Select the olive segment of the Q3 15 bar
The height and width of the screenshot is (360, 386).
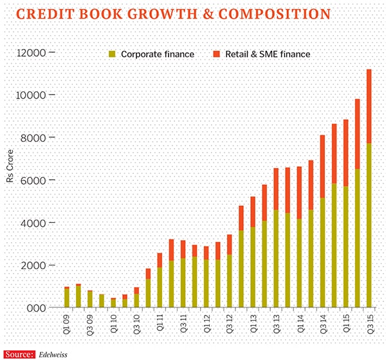pyautogui.click(x=369, y=225)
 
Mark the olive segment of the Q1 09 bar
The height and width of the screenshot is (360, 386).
pyautogui.click(x=66, y=298)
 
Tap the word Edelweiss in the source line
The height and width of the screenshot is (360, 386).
pyautogui.click(x=52, y=353)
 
